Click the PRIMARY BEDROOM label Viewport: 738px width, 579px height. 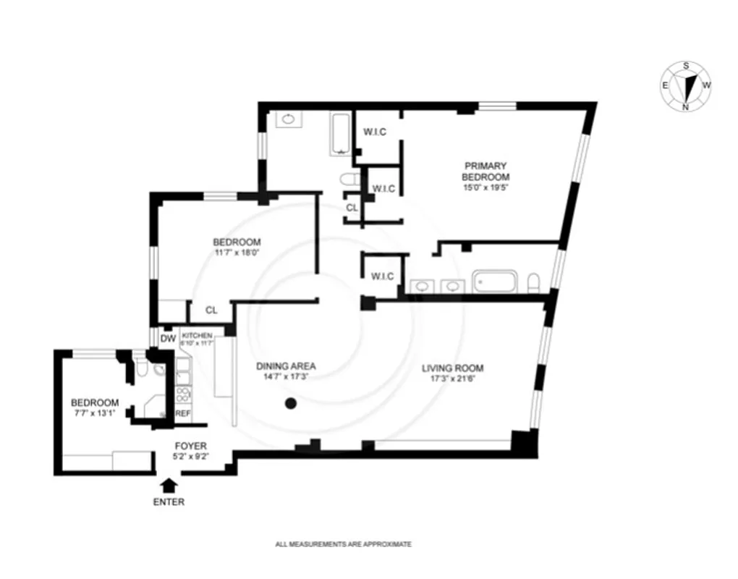tap(486, 172)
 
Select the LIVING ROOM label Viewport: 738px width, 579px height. tap(453, 368)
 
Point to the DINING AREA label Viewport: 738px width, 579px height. tap(286, 366)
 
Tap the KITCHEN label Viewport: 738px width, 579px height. tap(197, 336)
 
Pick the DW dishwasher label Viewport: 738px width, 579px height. tap(168, 338)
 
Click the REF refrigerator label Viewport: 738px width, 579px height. tap(182, 413)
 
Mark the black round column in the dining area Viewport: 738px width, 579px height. tap(291, 404)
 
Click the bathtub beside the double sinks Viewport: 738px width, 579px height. tap(495, 282)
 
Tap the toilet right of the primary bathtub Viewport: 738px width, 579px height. tap(534, 282)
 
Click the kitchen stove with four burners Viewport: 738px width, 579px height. tap(183, 395)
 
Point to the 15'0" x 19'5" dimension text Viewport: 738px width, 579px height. tap(486, 187)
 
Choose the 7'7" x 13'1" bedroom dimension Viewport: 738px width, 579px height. tap(94, 414)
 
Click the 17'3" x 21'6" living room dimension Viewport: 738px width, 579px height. tap(453, 378)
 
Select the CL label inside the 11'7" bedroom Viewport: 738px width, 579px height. tap(211, 310)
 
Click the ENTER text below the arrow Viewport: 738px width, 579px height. tap(168, 502)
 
